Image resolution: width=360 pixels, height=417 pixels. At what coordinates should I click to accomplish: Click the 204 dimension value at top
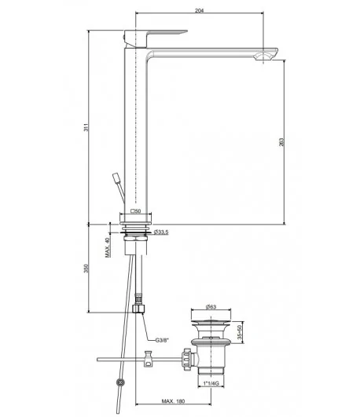click(199, 10)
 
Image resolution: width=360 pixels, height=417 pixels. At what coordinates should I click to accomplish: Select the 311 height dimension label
click(86, 127)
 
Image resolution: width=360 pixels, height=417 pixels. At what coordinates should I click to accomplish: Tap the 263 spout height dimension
click(281, 141)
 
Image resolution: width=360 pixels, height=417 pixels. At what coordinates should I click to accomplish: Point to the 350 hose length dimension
click(86, 269)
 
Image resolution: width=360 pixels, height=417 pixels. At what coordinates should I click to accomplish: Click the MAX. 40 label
click(108, 247)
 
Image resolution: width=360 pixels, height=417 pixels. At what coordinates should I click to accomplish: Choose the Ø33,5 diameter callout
click(161, 232)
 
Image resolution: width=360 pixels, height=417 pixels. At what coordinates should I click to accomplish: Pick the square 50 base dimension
click(135, 211)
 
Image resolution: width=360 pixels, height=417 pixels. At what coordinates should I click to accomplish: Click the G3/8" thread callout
click(162, 340)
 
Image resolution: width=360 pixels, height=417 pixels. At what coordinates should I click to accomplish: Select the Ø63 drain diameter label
click(211, 306)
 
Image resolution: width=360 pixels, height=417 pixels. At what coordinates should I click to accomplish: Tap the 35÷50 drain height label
click(240, 332)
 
